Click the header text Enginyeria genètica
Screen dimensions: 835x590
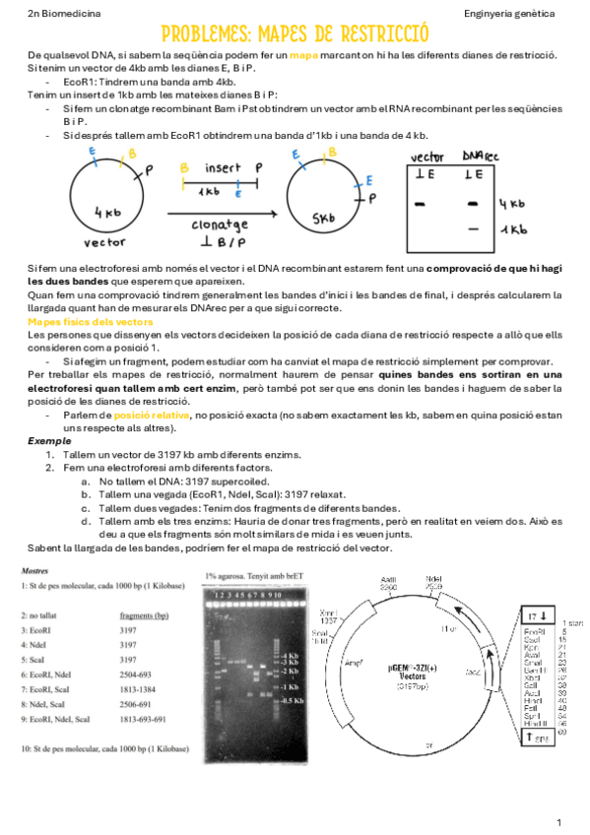coord(513,13)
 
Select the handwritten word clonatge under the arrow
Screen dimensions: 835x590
coord(219,225)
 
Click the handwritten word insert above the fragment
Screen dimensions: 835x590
coord(224,168)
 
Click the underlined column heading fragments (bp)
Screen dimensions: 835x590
coord(131,614)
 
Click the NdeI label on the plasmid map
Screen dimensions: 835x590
coord(433,579)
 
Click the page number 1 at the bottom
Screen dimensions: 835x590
coord(558,821)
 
